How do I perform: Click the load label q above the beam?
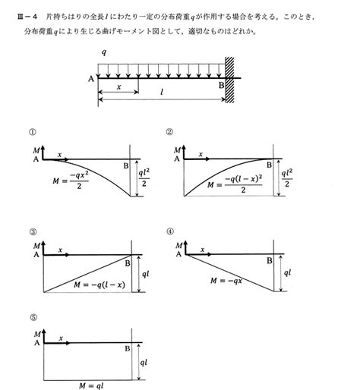(x=102, y=55)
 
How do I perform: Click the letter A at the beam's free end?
(x=91, y=79)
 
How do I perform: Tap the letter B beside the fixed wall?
(x=221, y=85)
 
